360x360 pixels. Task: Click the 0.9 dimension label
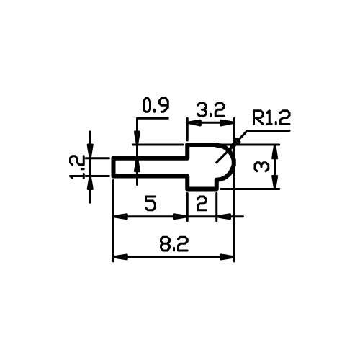coord(156,105)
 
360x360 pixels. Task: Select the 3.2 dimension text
coord(211,109)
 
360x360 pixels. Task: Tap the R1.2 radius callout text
coord(271,118)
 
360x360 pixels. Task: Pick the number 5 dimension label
coord(150,203)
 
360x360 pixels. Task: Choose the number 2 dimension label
coord(202,203)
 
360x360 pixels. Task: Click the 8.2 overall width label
coord(174,244)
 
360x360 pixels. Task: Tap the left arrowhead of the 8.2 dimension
coord(120,257)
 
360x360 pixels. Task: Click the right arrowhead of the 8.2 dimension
coord(227,257)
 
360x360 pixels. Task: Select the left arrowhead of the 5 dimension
coord(120,217)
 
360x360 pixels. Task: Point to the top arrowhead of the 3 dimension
coord(276,152)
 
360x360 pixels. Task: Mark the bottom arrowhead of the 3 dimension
coord(276,182)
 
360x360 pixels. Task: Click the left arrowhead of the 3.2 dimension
coord(194,123)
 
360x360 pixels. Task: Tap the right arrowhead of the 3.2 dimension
coord(227,123)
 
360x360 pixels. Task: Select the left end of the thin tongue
coord(114,167)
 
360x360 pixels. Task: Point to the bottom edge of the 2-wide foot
coord(202,189)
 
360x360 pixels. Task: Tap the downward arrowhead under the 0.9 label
coord(137,138)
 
